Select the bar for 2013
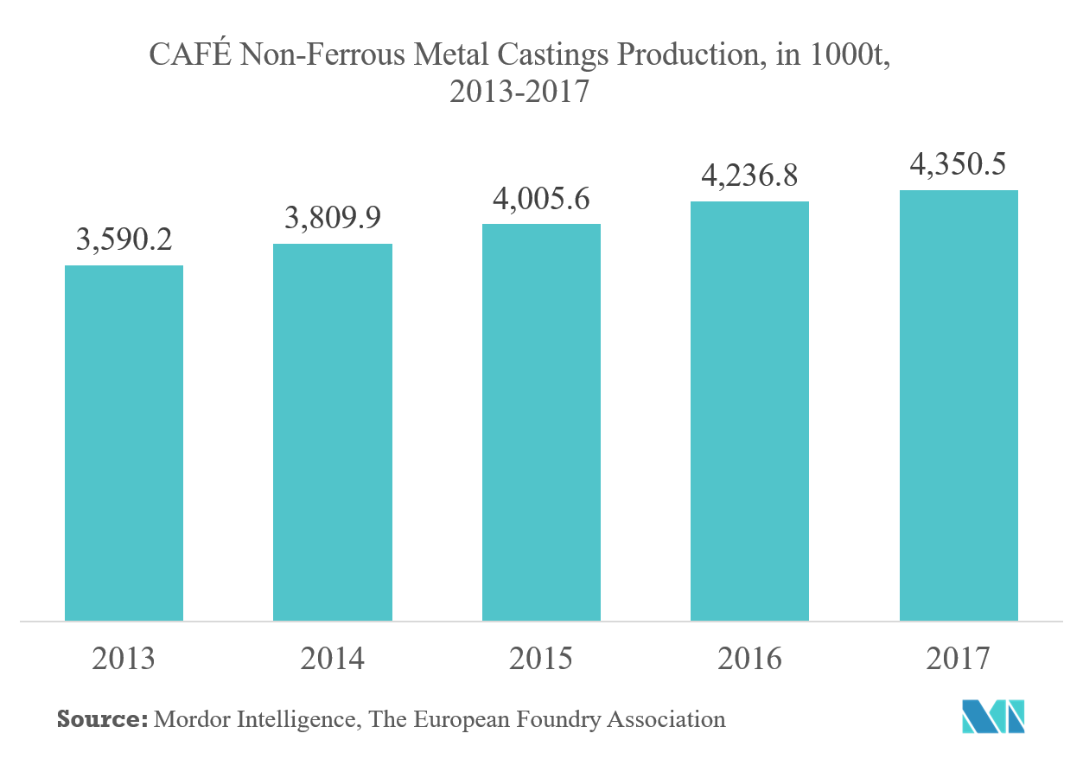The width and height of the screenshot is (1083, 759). (x=124, y=443)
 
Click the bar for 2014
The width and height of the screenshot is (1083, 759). (x=333, y=432)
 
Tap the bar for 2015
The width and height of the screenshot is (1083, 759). (x=541, y=422)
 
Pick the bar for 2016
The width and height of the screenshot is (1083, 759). (x=749, y=411)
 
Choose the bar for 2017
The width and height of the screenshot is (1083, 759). (x=959, y=405)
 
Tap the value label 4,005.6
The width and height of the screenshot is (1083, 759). (x=541, y=200)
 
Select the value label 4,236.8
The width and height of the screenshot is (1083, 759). (x=749, y=176)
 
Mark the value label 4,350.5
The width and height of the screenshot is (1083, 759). (x=958, y=164)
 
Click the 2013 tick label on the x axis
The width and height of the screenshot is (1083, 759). (x=124, y=660)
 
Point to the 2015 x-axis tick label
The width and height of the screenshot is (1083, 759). (x=541, y=660)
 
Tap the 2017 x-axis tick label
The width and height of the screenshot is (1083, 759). (x=958, y=660)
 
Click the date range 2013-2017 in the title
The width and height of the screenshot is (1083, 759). (x=519, y=90)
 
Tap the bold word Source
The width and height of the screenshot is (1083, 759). (x=101, y=719)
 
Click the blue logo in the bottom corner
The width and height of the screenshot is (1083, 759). (x=993, y=716)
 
